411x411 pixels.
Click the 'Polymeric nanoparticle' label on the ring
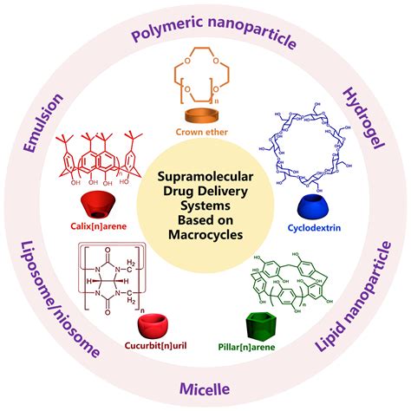[x=205, y=36]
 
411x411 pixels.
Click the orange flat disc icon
[x=205, y=116]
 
